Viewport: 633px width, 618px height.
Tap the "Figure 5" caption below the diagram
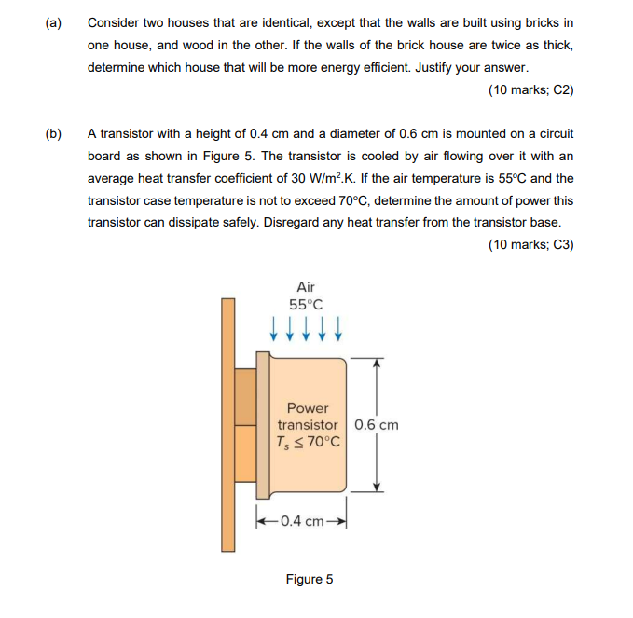click(310, 579)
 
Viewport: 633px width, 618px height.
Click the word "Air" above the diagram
click(306, 287)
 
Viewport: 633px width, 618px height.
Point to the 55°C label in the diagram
click(306, 305)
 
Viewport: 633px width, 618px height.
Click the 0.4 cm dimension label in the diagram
click(304, 520)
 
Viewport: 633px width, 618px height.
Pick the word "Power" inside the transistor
click(308, 408)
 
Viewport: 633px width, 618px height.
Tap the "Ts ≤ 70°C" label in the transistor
click(309, 442)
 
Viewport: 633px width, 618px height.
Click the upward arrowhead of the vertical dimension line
click(377, 364)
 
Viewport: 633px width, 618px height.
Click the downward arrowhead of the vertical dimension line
click(377, 485)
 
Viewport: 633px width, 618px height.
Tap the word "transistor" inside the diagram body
click(309, 425)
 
